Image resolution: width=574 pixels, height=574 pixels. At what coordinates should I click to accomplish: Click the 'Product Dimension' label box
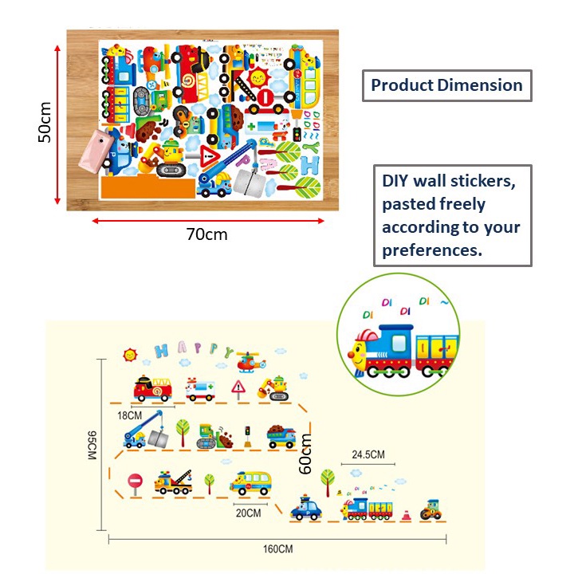[446, 85]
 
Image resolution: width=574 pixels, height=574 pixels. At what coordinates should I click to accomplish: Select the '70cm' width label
[207, 234]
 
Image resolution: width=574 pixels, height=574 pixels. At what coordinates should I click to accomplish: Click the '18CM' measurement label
[129, 415]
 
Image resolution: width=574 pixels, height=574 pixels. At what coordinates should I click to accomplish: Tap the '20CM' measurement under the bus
[249, 513]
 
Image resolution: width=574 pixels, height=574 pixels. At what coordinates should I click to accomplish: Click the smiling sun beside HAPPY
[129, 352]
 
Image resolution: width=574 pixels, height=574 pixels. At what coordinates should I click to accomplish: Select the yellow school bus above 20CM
[250, 483]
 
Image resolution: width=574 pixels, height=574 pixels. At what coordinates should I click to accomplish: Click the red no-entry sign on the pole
[134, 482]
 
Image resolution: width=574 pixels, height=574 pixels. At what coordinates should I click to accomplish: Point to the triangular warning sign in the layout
[238, 388]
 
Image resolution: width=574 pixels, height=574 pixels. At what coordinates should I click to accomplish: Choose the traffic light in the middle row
[248, 434]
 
